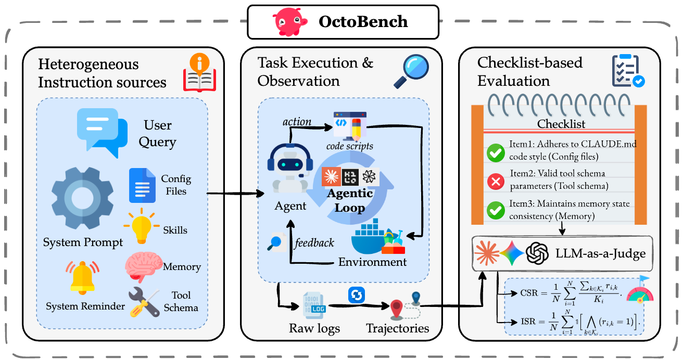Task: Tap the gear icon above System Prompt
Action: (82, 198)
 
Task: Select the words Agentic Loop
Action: (350, 201)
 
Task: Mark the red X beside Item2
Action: (494, 182)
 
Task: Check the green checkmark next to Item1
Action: (494, 153)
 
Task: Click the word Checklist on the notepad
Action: (561, 124)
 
